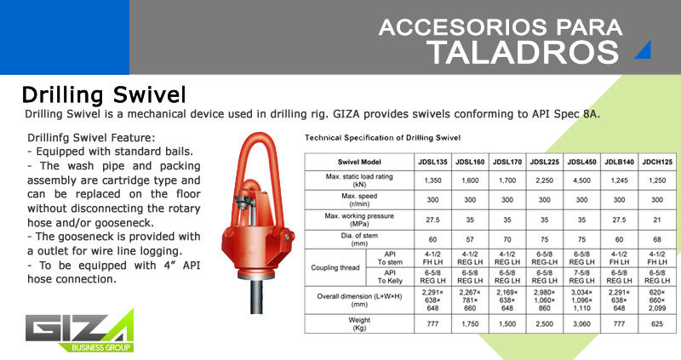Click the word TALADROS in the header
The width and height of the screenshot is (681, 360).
point(523,52)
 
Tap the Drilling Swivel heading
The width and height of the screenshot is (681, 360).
point(104,94)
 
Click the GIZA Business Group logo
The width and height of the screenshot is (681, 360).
point(79,331)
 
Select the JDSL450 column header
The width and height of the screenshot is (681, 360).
point(581,162)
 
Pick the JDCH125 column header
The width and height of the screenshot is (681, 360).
point(657,162)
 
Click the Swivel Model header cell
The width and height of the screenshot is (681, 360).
point(359,162)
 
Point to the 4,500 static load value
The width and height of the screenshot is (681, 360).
point(581,180)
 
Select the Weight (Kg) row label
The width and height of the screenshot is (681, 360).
point(359,324)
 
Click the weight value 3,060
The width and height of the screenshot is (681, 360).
point(581,324)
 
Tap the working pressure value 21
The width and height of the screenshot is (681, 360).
point(657,220)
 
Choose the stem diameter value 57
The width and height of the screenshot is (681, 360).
point(470,239)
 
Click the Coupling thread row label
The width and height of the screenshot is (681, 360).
point(335,267)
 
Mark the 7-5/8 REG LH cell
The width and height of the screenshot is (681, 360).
point(581,277)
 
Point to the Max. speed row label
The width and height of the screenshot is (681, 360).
point(359,200)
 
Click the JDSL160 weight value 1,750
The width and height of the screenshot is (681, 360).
point(470,324)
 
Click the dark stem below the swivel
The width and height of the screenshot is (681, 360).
point(256,296)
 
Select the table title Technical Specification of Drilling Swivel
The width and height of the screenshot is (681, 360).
point(382,138)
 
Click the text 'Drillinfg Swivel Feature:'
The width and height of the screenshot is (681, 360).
point(91,138)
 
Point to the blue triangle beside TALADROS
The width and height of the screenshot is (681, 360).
point(645,51)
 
